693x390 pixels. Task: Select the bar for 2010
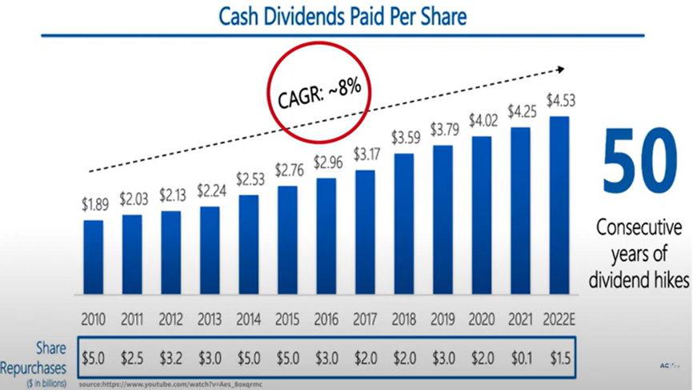point(93,257)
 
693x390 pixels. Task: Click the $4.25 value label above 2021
point(519,111)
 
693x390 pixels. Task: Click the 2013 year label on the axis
point(210,320)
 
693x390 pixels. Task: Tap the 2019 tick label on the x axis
point(443,320)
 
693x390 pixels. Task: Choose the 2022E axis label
point(559,320)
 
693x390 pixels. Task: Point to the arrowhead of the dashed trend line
point(559,70)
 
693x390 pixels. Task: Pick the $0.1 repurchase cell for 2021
point(520,357)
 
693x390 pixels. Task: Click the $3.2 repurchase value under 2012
point(170,357)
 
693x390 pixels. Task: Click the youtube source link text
point(172,384)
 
